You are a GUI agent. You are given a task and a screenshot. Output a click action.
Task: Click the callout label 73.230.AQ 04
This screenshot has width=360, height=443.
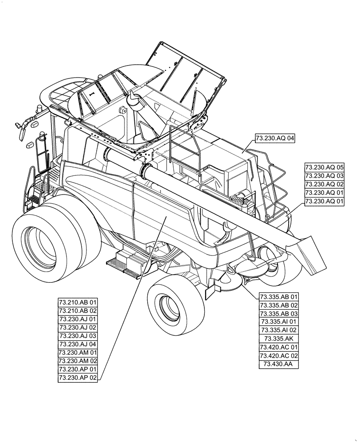275,139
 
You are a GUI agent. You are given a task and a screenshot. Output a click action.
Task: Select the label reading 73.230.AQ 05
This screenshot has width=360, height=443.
325,167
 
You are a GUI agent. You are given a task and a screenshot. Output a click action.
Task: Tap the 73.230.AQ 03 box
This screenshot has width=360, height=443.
325,176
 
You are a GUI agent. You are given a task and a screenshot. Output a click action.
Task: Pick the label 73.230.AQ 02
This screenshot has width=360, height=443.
325,184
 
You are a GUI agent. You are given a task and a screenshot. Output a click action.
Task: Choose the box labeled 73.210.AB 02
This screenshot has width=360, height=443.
78,311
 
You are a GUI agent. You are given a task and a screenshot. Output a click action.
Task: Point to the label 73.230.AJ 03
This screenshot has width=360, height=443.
78,336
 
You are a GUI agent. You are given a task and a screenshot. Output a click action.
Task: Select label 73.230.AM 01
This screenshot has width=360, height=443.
78,353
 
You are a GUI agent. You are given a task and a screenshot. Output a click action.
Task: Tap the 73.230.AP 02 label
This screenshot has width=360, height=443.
78,378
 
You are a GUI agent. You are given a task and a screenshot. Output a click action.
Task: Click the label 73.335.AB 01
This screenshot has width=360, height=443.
279,297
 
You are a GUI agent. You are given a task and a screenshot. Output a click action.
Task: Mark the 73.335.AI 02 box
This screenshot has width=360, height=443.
279,330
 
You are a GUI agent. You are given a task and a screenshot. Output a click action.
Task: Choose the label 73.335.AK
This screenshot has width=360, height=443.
279,339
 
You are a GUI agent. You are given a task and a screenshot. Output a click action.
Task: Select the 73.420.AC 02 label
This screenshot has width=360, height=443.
279,356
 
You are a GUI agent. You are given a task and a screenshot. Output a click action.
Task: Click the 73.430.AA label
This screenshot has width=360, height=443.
279,364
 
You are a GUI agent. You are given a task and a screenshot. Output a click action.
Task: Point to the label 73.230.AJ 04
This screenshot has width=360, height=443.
78,344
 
